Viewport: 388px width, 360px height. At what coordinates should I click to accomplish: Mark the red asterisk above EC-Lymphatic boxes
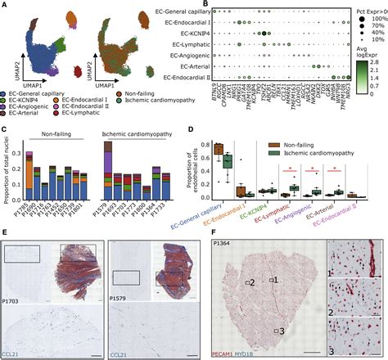point(286,172)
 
